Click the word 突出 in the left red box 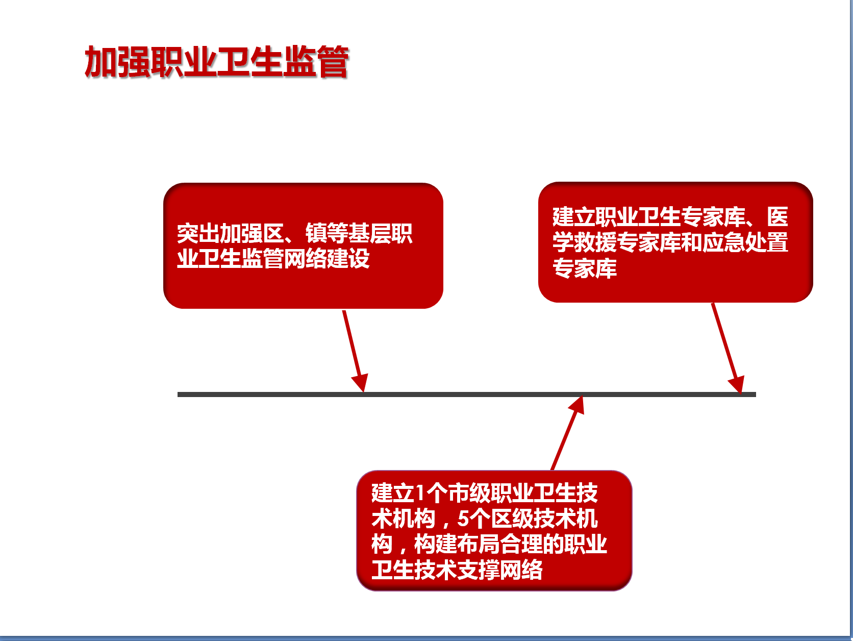click(x=198, y=233)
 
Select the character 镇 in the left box click(x=316, y=233)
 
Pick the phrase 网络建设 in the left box click(x=327, y=259)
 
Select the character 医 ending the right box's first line click(x=777, y=216)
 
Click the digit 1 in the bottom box click(x=420, y=493)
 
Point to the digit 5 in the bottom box click(x=463, y=519)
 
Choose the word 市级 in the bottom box click(x=469, y=493)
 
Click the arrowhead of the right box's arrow click(x=737, y=384)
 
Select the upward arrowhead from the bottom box click(x=576, y=405)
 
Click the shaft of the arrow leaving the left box click(x=352, y=343)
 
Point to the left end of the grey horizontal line click(x=178, y=395)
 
